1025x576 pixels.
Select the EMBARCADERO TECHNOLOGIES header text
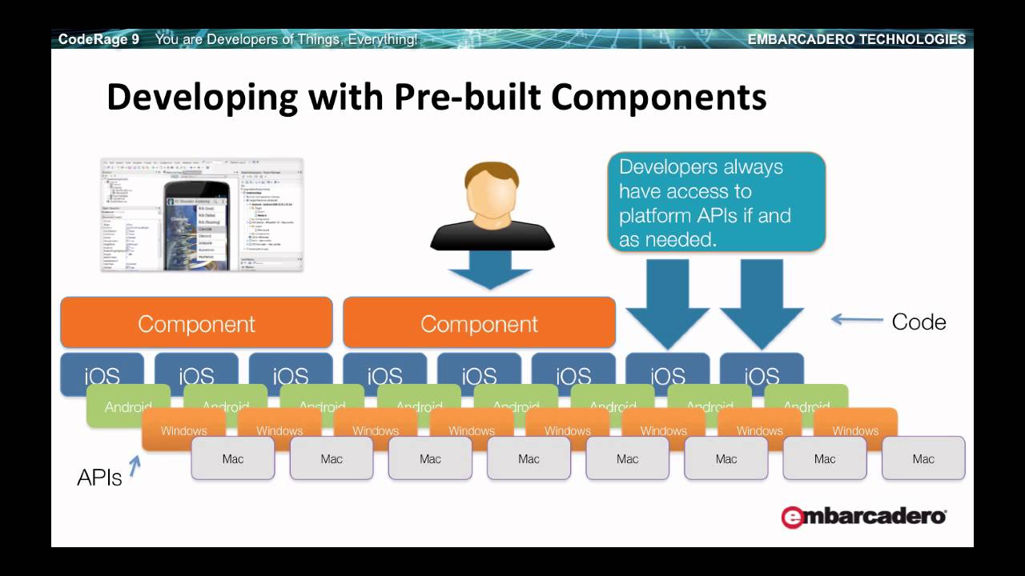click(x=856, y=39)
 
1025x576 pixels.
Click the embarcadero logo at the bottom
click(x=863, y=517)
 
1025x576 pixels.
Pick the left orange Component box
click(x=196, y=323)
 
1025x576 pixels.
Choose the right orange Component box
click(x=479, y=323)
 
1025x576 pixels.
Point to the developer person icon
click(x=492, y=207)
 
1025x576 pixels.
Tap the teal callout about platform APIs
click(x=716, y=202)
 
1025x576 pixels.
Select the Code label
click(x=918, y=322)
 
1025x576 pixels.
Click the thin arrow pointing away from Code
click(x=857, y=320)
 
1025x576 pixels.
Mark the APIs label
click(x=99, y=478)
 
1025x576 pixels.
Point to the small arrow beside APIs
click(x=135, y=465)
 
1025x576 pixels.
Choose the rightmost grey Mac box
click(x=923, y=458)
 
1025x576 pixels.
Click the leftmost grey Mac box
click(x=233, y=458)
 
